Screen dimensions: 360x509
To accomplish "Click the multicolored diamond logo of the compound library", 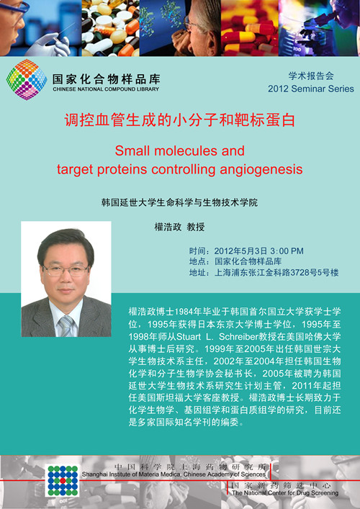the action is (27, 79).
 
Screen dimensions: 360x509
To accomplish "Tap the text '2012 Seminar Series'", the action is (310, 89).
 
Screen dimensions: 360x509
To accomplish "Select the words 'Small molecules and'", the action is (179, 150).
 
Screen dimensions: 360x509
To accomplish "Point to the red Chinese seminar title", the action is (179, 120).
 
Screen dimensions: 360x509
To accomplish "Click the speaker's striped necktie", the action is (66, 326).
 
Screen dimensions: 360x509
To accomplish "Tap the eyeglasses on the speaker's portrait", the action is (66, 270).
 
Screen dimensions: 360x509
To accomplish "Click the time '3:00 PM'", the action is (287, 251).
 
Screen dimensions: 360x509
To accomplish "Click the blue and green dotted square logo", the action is (63, 480).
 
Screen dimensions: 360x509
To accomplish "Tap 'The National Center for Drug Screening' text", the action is (285, 492).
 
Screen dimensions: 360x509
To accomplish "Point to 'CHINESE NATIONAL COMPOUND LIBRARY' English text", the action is (106, 89).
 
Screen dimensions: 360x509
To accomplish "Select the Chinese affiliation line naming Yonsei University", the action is (179, 202).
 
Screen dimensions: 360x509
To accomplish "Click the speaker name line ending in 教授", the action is (179, 227).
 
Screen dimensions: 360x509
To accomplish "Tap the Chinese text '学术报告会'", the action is (311, 76).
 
